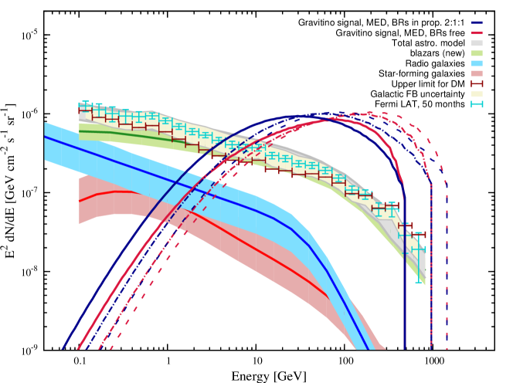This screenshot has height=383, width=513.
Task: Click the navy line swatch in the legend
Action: [477, 23]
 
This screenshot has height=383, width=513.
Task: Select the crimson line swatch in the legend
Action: [477, 33]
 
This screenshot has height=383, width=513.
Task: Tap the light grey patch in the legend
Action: [477, 43]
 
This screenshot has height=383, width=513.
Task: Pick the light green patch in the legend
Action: [477, 53]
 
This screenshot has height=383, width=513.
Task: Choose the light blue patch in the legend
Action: [477, 63]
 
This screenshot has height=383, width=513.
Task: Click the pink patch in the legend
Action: [477, 73]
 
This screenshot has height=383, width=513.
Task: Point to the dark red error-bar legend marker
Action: [477, 83]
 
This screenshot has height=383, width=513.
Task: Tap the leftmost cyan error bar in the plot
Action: [84, 106]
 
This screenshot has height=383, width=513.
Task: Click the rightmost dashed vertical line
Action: [447, 270]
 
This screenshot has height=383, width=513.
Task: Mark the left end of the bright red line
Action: [80, 202]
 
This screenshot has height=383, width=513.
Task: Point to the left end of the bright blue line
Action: [45, 137]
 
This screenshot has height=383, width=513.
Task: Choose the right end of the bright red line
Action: [329, 298]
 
